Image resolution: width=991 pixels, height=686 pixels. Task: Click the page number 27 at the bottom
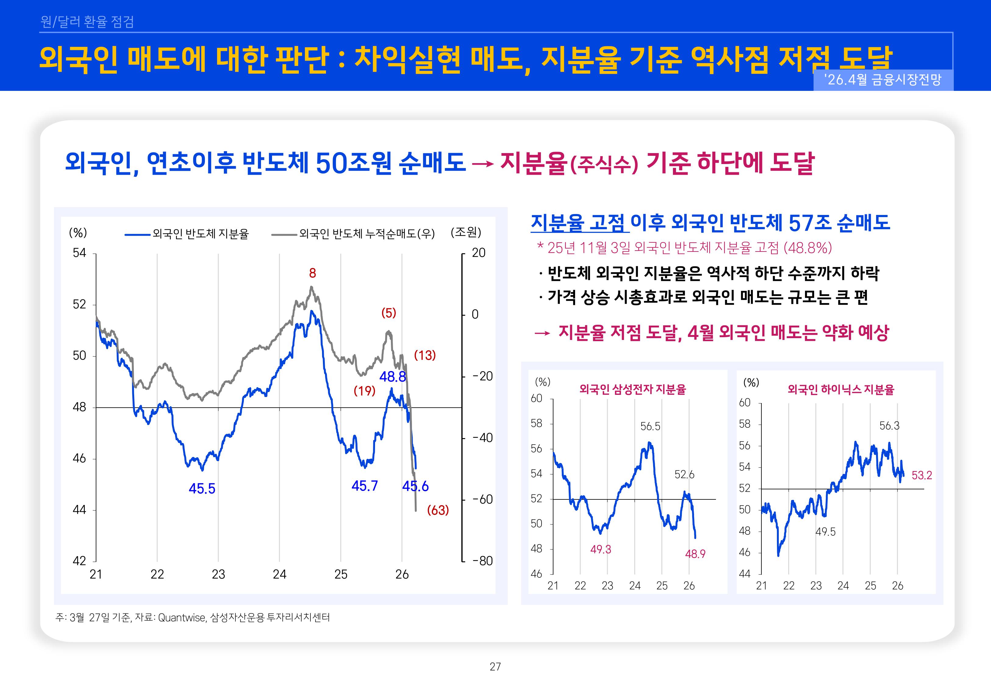tap(495, 667)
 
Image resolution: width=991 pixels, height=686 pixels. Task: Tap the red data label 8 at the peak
tap(313, 273)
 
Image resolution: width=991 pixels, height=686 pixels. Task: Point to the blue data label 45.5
tap(202, 489)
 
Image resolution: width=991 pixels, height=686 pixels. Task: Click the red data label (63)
tap(438, 510)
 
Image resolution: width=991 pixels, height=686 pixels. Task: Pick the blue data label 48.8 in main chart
tap(392, 377)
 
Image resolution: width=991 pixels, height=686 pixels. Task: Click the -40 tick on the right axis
tap(482, 438)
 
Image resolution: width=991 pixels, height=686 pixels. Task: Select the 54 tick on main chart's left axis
tap(80, 253)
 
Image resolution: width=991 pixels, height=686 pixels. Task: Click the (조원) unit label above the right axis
tap(466, 233)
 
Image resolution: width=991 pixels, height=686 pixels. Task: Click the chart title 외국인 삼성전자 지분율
tap(633, 389)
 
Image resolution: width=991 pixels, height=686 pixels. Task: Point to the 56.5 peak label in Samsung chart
tap(650, 426)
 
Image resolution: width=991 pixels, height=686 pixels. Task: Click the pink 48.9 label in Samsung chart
tap(695, 554)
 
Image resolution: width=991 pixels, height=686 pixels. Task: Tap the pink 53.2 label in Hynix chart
tap(922, 475)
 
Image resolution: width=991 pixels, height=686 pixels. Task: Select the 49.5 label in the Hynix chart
tap(825, 532)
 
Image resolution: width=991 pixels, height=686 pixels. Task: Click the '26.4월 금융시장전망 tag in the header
tap(883, 80)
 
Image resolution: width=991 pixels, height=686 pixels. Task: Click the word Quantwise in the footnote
tap(182, 618)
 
